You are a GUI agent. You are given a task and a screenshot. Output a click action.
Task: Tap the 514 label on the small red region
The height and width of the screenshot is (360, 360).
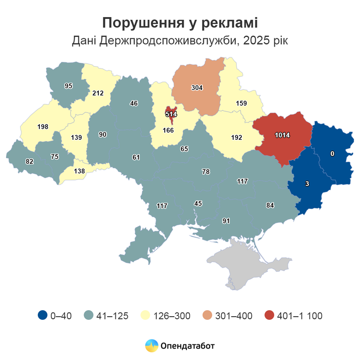click(171, 113)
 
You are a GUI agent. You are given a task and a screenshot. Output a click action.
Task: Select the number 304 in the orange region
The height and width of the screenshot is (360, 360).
click(197, 88)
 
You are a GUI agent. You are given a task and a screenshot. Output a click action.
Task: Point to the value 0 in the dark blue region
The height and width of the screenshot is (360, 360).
click(332, 153)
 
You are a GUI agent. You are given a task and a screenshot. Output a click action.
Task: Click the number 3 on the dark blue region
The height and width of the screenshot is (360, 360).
click(307, 184)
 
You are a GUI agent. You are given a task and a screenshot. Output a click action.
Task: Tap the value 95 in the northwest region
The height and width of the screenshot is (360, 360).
click(69, 85)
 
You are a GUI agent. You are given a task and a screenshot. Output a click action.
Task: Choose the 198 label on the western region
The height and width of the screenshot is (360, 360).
click(43, 126)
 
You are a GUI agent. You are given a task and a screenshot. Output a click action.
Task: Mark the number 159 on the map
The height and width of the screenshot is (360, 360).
click(240, 103)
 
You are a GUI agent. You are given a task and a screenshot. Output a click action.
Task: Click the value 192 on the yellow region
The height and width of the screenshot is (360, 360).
click(236, 137)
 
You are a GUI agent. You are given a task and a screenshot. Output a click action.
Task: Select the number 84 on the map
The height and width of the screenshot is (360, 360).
click(270, 205)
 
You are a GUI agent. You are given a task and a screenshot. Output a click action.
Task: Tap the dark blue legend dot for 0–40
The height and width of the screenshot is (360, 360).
click(43, 316)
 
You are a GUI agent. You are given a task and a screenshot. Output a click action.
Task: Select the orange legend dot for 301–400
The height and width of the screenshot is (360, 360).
click(208, 316)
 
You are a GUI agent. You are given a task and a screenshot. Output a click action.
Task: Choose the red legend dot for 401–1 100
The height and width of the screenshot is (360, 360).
click(270, 316)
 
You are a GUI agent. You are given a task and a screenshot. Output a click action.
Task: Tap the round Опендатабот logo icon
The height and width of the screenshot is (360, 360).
click(152, 345)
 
